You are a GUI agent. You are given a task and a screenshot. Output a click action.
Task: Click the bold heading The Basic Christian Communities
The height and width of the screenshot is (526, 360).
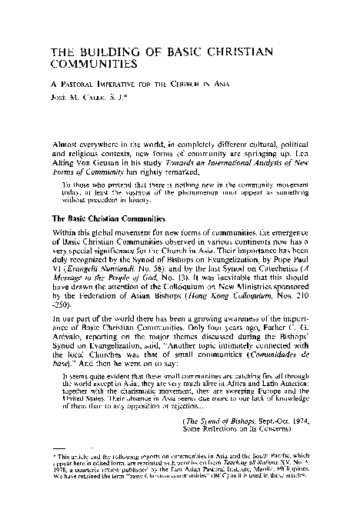point(100,218)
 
